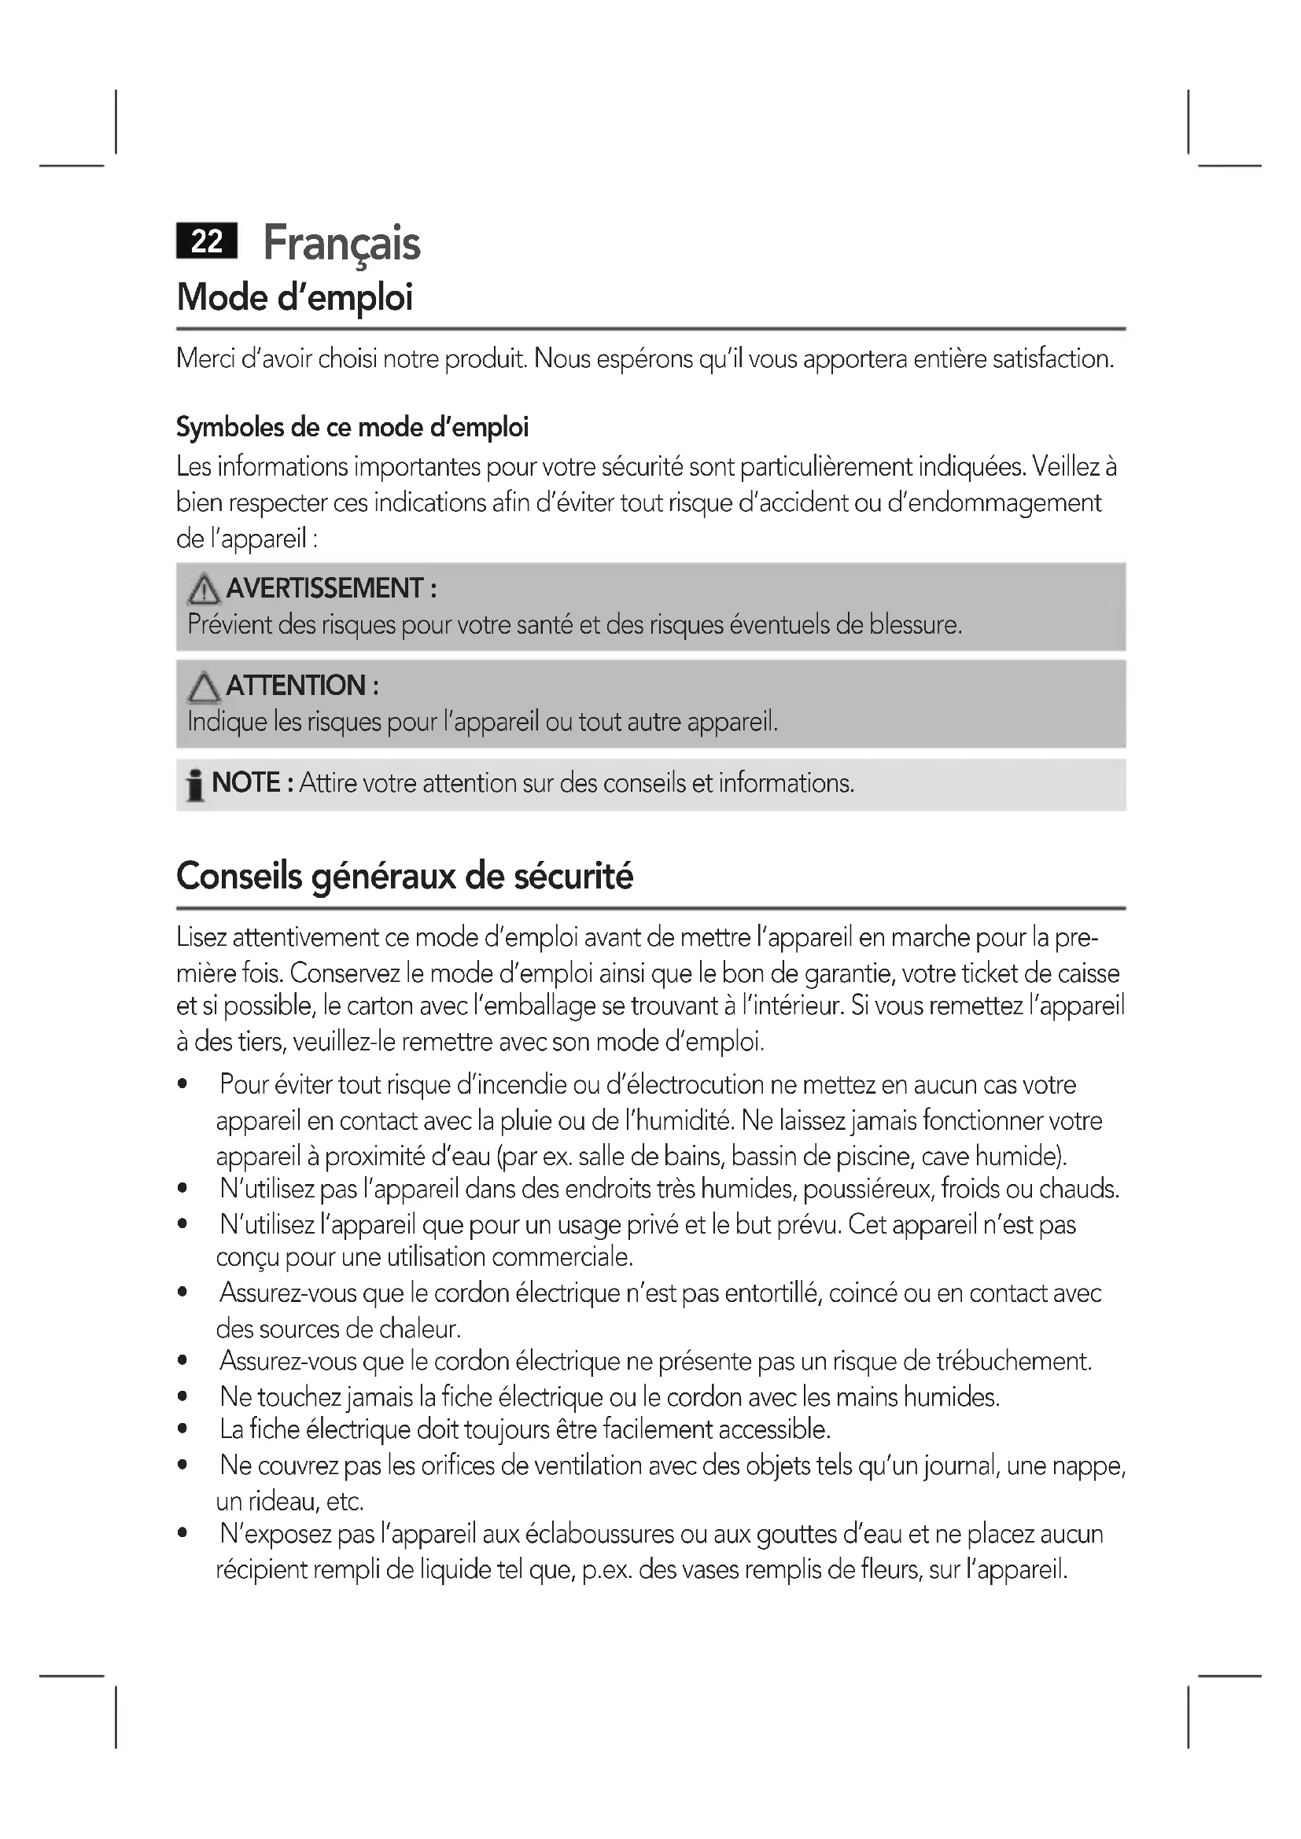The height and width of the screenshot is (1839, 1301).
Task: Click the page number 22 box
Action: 207,241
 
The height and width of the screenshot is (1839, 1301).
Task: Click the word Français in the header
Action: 341,244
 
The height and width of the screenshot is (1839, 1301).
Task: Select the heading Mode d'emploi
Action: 295,298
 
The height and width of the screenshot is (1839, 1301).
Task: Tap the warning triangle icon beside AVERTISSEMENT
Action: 204,590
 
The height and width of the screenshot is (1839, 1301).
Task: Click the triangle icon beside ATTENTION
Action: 204,687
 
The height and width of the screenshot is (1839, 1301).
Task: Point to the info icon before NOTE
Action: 193,785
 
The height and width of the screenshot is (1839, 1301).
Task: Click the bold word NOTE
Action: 246,782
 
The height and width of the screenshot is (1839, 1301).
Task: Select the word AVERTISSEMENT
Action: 323,589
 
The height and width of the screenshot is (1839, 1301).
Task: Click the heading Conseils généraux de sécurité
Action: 404,876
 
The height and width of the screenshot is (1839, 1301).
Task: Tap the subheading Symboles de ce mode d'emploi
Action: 352,428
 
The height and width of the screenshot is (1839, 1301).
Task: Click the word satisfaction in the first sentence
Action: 1052,359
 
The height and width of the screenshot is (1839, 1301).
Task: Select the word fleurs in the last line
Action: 891,1569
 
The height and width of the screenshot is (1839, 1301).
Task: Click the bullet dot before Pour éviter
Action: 183,1085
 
